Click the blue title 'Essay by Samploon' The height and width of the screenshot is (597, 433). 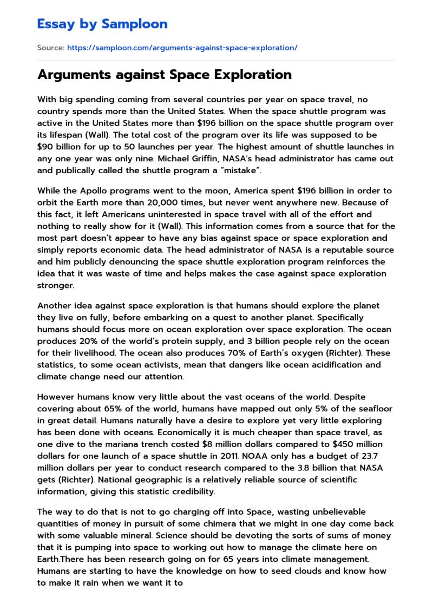click(102, 24)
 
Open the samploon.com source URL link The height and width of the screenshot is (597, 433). click(182, 48)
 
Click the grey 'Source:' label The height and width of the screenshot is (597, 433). click(50, 48)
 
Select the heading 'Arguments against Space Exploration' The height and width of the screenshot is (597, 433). click(164, 75)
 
